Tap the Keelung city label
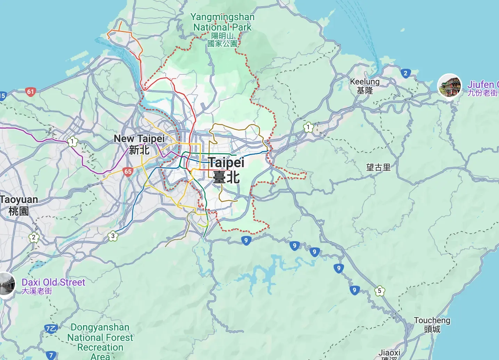coord(365,86)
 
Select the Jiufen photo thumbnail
coord(449,86)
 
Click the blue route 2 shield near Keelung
coord(405,73)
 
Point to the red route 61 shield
coord(31,92)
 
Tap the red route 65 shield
coord(128,171)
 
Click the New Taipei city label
coord(139,144)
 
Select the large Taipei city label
coord(226,170)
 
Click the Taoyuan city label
coord(19,205)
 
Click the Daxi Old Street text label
coord(53,286)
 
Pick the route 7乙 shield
coord(51,329)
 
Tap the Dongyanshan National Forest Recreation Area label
coord(100,342)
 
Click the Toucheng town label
coord(432,325)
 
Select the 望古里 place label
coord(378,167)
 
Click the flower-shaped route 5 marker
coord(379,291)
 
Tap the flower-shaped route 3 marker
coord(113,236)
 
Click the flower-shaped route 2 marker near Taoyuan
coord(34,238)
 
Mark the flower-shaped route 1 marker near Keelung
coord(308,127)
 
